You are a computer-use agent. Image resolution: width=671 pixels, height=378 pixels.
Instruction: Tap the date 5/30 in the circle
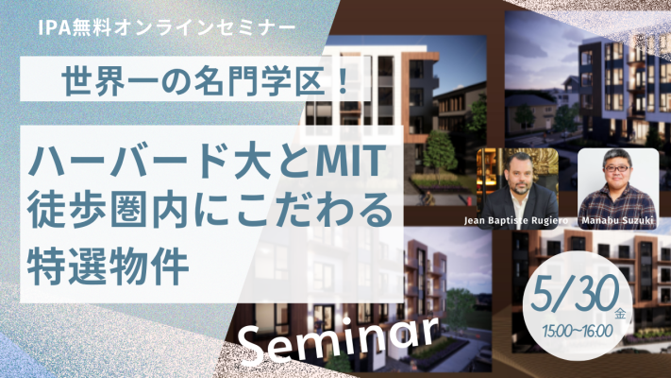pyautogui.click(x=575, y=295)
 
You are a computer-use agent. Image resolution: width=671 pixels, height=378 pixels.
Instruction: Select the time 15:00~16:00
pyautogui.click(x=578, y=331)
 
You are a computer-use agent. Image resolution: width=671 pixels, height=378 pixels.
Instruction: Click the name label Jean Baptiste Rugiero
pyautogui.click(x=516, y=221)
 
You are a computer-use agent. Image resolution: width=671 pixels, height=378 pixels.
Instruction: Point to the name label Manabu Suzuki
pyautogui.click(x=617, y=221)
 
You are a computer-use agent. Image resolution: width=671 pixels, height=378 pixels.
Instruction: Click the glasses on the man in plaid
pyautogui.click(x=616, y=168)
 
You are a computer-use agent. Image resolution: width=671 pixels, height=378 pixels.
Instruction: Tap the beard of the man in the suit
pyautogui.click(x=521, y=186)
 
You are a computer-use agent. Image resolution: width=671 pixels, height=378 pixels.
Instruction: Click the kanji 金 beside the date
pyautogui.click(x=620, y=314)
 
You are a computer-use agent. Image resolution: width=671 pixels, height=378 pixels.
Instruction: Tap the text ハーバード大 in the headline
pyautogui.click(x=148, y=162)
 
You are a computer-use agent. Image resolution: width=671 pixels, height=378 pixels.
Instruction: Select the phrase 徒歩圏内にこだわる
pyautogui.click(x=210, y=210)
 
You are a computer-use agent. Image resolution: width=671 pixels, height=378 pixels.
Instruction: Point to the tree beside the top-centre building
pyautogui.click(x=439, y=151)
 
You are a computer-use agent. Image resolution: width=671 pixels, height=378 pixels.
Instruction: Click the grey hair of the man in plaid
pyautogui.click(x=616, y=155)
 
